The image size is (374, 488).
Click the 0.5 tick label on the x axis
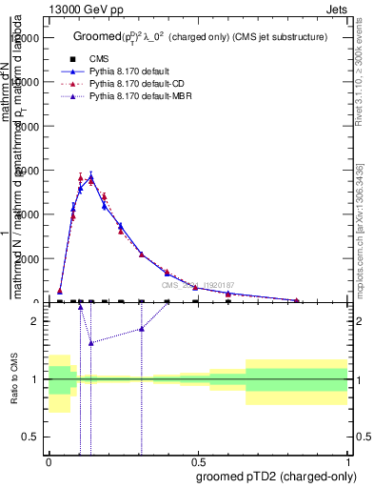click(198, 462)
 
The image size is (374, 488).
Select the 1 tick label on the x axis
click(347, 462)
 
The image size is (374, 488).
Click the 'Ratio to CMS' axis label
click(15, 379)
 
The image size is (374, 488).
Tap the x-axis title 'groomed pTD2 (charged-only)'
click(272, 476)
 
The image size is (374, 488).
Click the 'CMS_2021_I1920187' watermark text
click(197, 285)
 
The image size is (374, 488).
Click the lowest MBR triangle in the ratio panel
click(90, 343)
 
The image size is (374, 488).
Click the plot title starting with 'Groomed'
click(200, 36)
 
